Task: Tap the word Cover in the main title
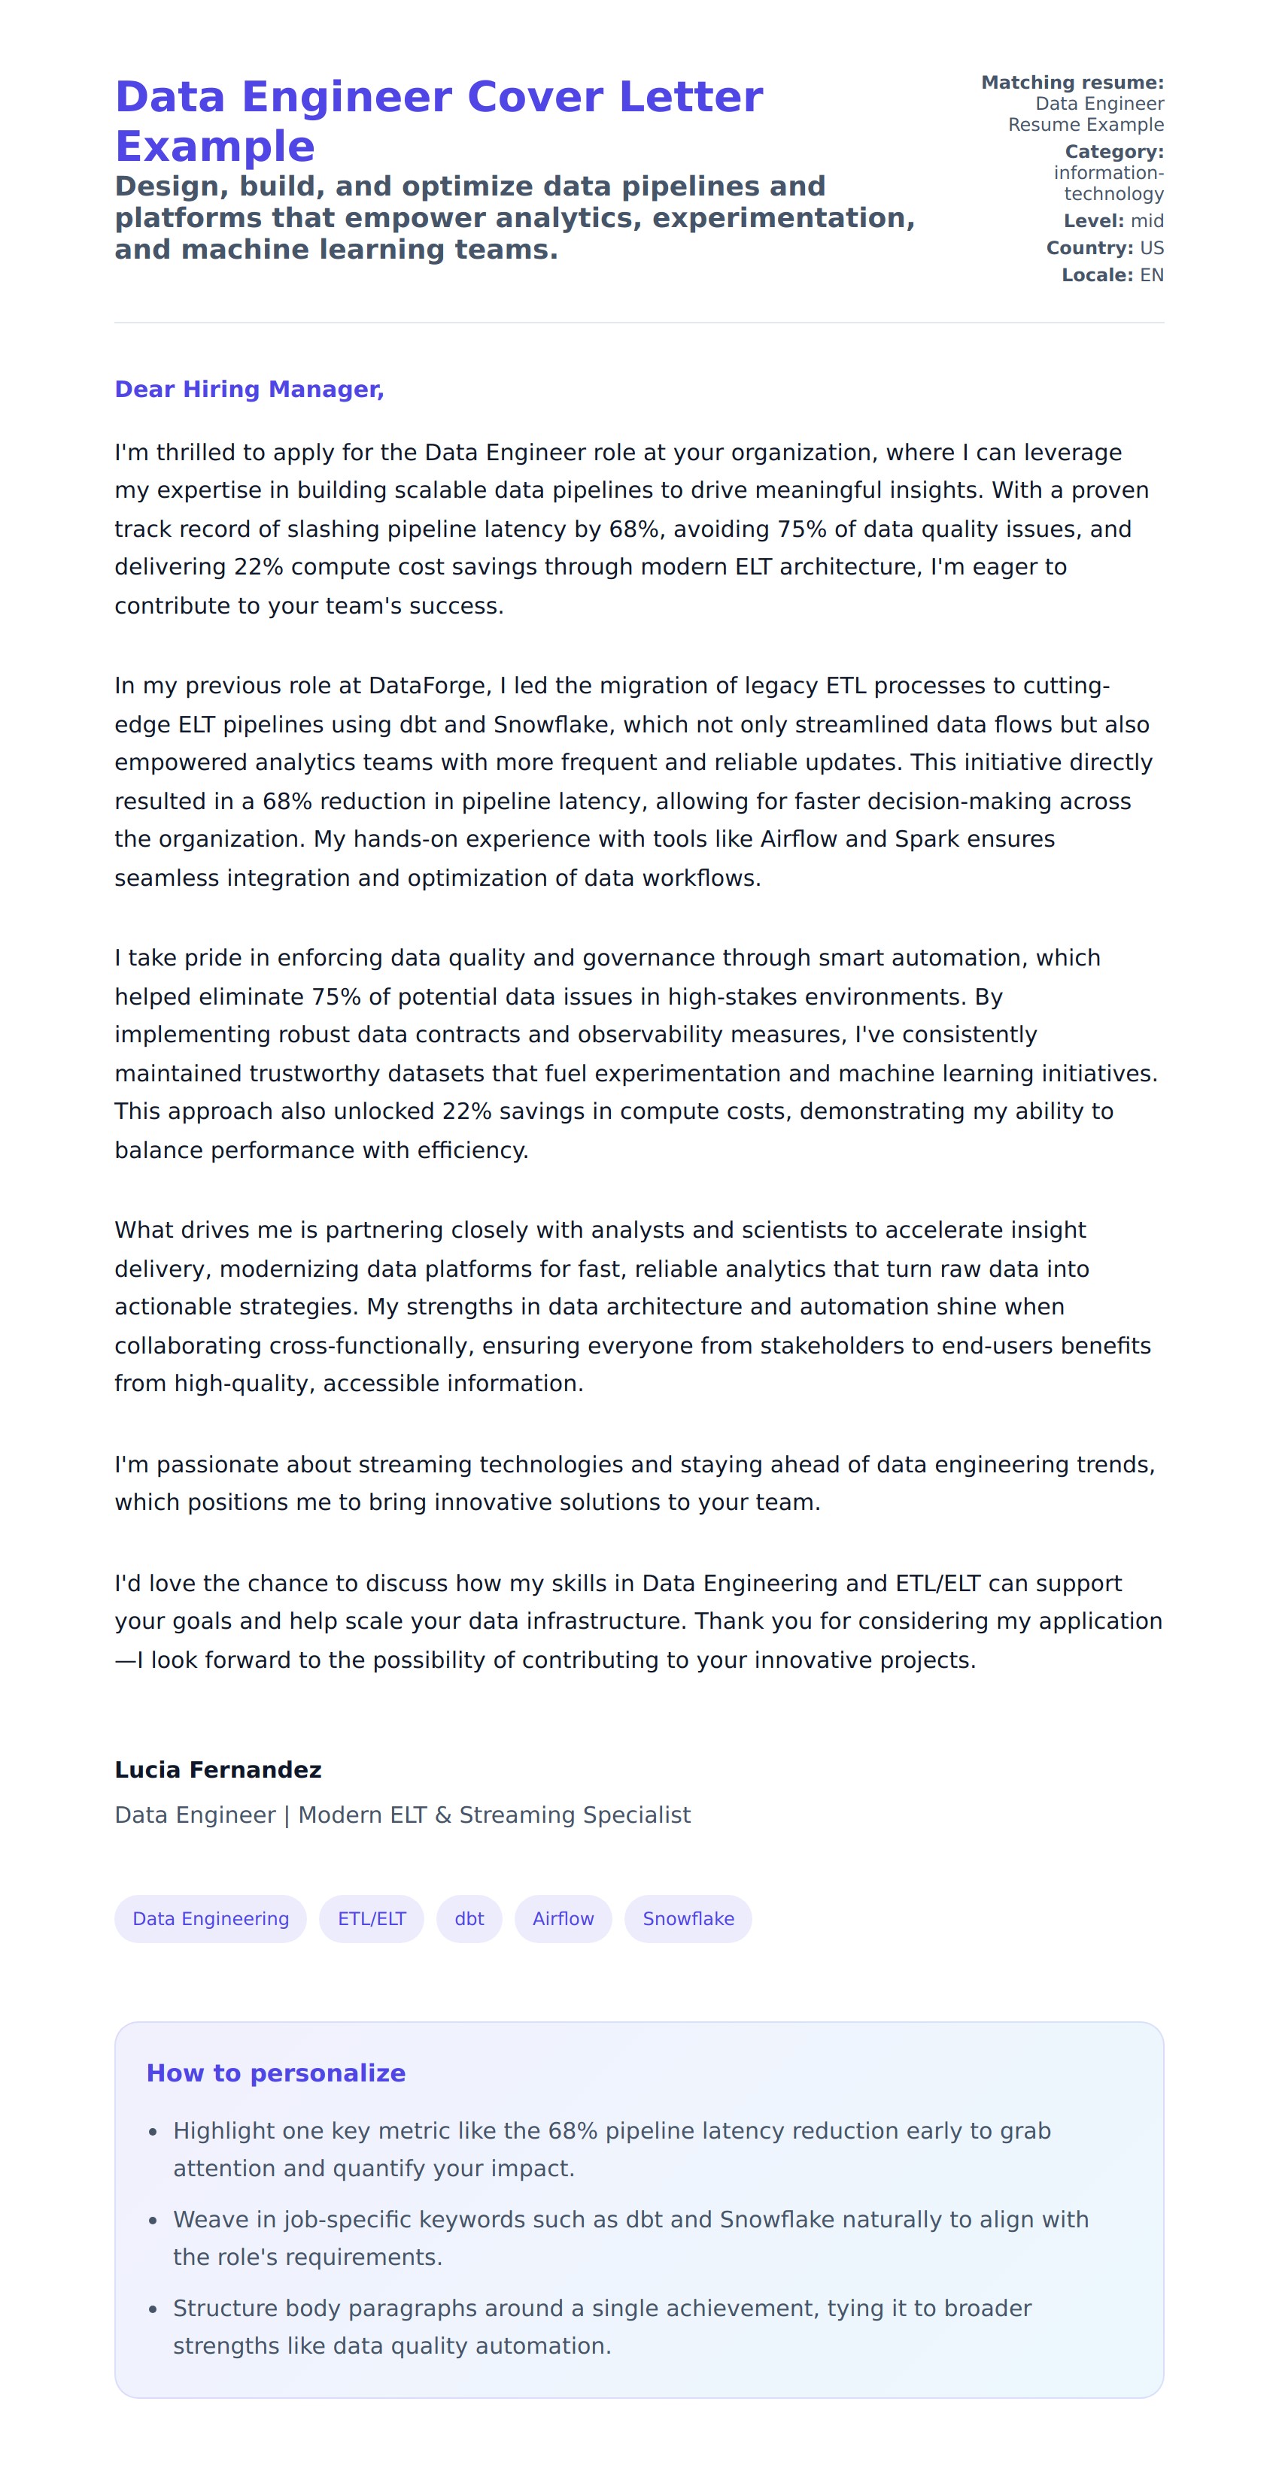533,98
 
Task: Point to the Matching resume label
1072,83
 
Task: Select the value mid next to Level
1147,222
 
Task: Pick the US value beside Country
1151,248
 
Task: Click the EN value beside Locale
1151,275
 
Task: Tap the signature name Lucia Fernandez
217,1770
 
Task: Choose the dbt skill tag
469,1918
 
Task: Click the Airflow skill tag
564,1918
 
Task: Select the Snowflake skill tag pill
688,1918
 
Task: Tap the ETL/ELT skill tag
372,1918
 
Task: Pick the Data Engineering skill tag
210,1918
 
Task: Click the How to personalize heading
275,2073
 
